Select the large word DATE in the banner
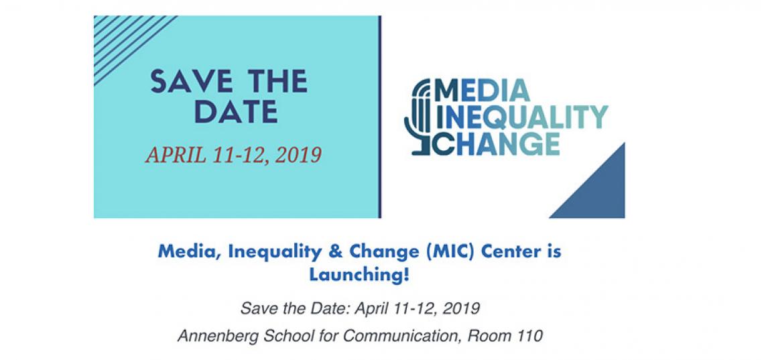coord(237,111)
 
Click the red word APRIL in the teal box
coord(174,155)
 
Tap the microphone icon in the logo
coord(418,117)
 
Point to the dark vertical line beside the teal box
coord(379,117)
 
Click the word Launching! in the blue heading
coord(359,276)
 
